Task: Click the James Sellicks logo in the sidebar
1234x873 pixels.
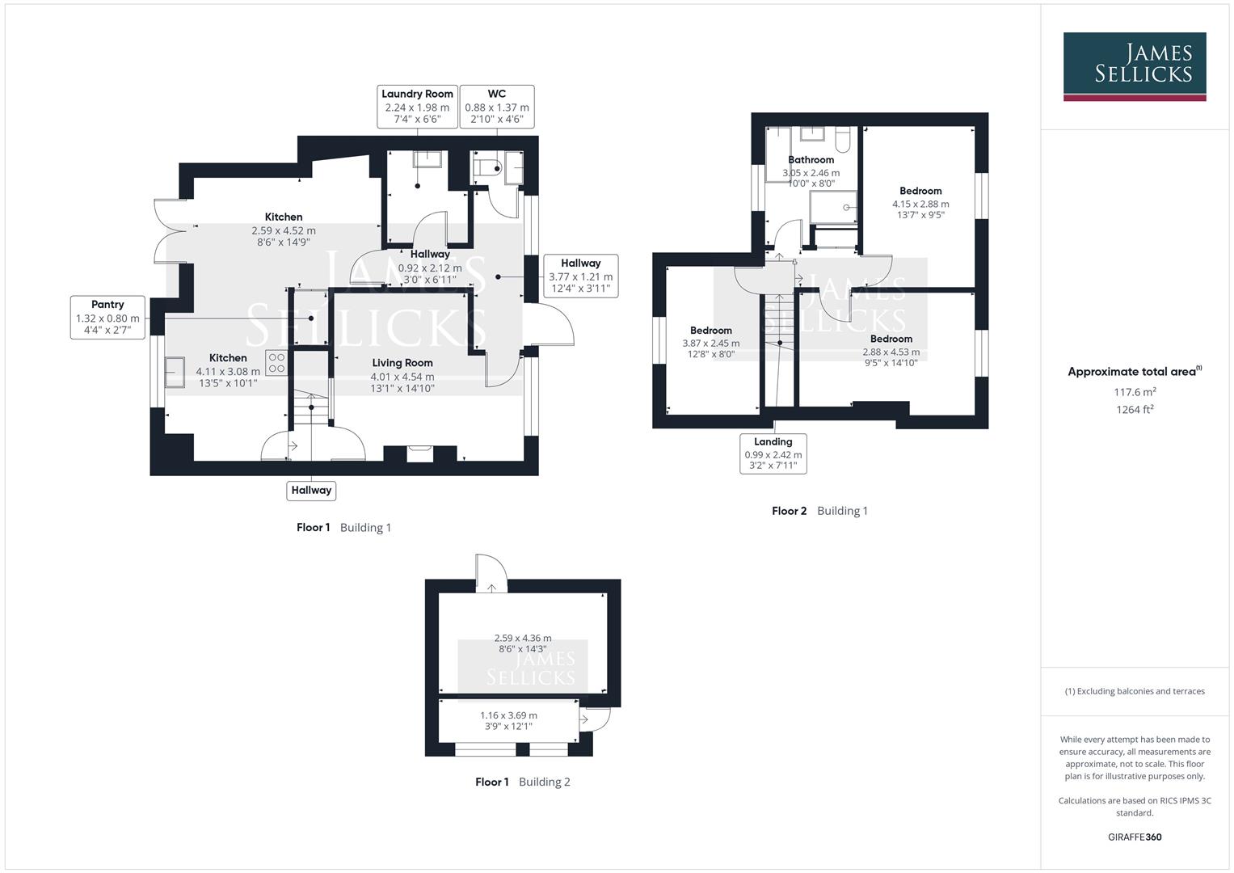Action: (x=1134, y=66)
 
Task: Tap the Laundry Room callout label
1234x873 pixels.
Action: (x=417, y=107)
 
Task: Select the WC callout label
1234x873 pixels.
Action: (x=497, y=107)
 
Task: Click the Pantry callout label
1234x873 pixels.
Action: (x=107, y=317)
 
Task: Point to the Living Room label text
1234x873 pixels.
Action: (x=402, y=363)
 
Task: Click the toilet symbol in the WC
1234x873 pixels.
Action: (x=487, y=168)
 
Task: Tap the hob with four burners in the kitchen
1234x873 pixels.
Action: (x=276, y=363)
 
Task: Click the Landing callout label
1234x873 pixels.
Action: (x=773, y=453)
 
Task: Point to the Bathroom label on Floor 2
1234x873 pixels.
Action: (x=811, y=160)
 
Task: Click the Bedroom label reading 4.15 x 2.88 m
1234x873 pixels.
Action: (x=920, y=203)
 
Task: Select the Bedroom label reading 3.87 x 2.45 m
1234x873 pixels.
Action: (x=711, y=342)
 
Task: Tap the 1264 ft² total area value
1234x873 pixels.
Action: (x=1134, y=410)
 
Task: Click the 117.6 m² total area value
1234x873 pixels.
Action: (x=1134, y=392)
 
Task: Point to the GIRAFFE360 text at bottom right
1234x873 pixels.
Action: (x=1134, y=837)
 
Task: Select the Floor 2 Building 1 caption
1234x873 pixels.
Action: (x=819, y=511)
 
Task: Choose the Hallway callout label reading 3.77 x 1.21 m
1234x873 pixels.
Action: (x=580, y=276)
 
